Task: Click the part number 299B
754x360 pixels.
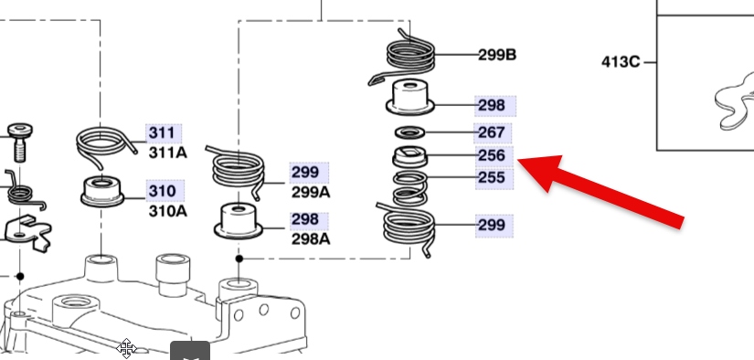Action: (x=497, y=55)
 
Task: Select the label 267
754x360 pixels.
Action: (x=492, y=132)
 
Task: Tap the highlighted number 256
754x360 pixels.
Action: (x=492, y=155)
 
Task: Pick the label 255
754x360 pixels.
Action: (x=492, y=177)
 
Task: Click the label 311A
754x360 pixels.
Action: (x=168, y=153)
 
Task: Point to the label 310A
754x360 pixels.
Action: (x=168, y=211)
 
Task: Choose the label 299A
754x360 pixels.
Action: (x=311, y=192)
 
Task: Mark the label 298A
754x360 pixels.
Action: (x=311, y=238)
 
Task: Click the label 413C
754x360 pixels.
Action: (x=621, y=62)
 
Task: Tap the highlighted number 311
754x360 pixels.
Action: (x=162, y=132)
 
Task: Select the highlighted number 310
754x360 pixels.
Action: (x=162, y=191)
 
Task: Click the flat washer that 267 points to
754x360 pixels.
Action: (x=409, y=132)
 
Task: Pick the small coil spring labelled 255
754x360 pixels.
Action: (x=410, y=189)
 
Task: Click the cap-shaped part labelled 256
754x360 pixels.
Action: (x=410, y=156)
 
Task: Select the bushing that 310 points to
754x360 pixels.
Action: (x=102, y=192)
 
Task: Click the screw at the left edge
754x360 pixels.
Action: (x=20, y=143)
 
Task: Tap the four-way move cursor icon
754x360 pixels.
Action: (x=126, y=348)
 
